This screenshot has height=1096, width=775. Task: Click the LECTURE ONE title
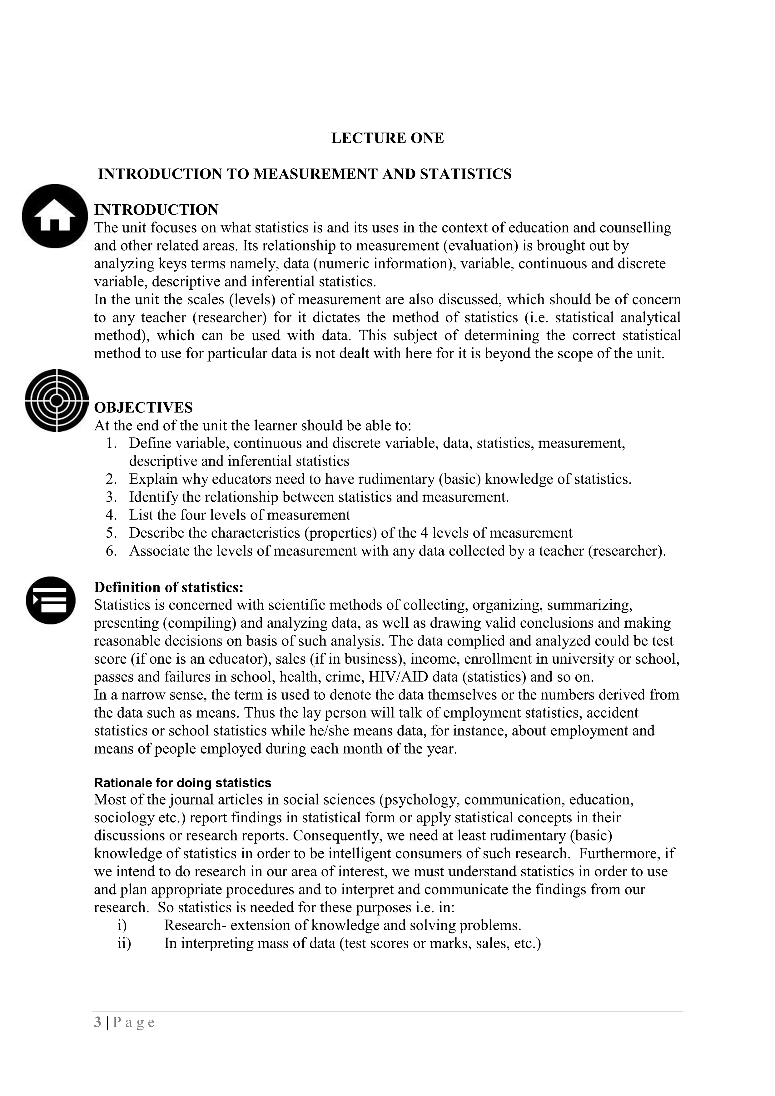[x=387, y=138]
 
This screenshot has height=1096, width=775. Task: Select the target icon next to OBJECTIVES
[x=56, y=400]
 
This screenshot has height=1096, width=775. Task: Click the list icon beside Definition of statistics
[x=51, y=600]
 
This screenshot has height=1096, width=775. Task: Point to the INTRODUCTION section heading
[x=156, y=210]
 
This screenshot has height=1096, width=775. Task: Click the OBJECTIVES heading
[x=143, y=408]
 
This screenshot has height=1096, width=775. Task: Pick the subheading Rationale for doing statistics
[x=182, y=783]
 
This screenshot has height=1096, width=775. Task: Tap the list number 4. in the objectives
[x=112, y=515]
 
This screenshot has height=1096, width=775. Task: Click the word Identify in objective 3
[x=153, y=497]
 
